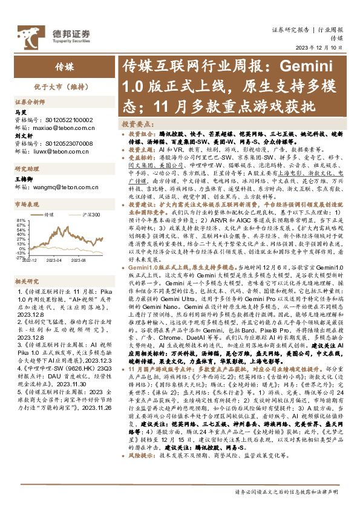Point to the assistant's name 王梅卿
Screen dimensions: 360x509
[x=23, y=180]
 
